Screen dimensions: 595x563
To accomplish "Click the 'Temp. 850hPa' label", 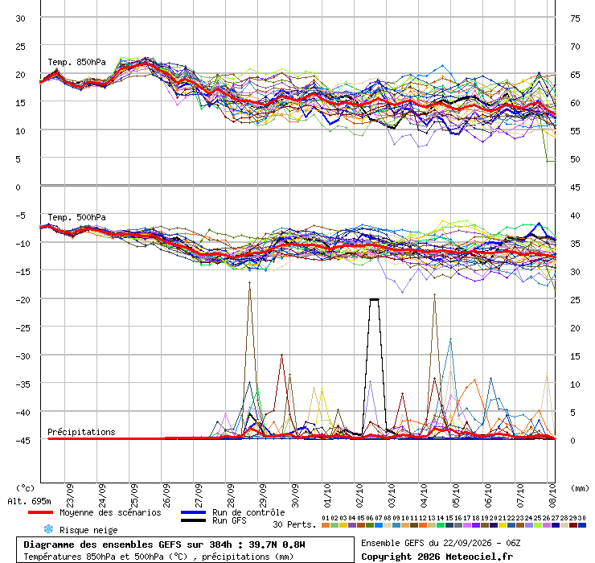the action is (76, 62).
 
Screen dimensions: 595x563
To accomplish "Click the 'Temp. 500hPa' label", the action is (76, 217).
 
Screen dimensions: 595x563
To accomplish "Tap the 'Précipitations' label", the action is (81, 432).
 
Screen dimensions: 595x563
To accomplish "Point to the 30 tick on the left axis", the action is (20, 18).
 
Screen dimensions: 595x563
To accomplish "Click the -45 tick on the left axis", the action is (23, 441).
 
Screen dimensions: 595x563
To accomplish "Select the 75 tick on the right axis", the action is (575, 18).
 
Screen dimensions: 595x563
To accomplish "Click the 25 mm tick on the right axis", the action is (575, 300).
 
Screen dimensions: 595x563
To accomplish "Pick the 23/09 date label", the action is (70, 495).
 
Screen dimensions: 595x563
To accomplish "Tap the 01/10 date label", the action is (327, 495).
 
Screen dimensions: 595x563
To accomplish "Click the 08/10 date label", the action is (552, 495).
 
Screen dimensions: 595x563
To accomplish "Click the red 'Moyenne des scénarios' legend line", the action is (40, 512).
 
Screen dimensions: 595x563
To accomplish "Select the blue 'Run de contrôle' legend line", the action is (193, 512).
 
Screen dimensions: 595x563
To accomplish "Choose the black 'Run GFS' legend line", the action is (193, 520).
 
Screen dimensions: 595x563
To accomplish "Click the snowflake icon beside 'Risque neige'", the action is (48, 529).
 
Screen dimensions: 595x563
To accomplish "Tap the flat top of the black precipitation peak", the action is (374, 299).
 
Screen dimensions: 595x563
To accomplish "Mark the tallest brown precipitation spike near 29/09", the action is (250, 282).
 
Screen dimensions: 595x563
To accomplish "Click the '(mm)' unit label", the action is (580, 488).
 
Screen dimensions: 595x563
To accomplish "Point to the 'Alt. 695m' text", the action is (29, 502).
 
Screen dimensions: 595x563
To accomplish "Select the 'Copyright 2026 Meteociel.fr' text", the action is (437, 557).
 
